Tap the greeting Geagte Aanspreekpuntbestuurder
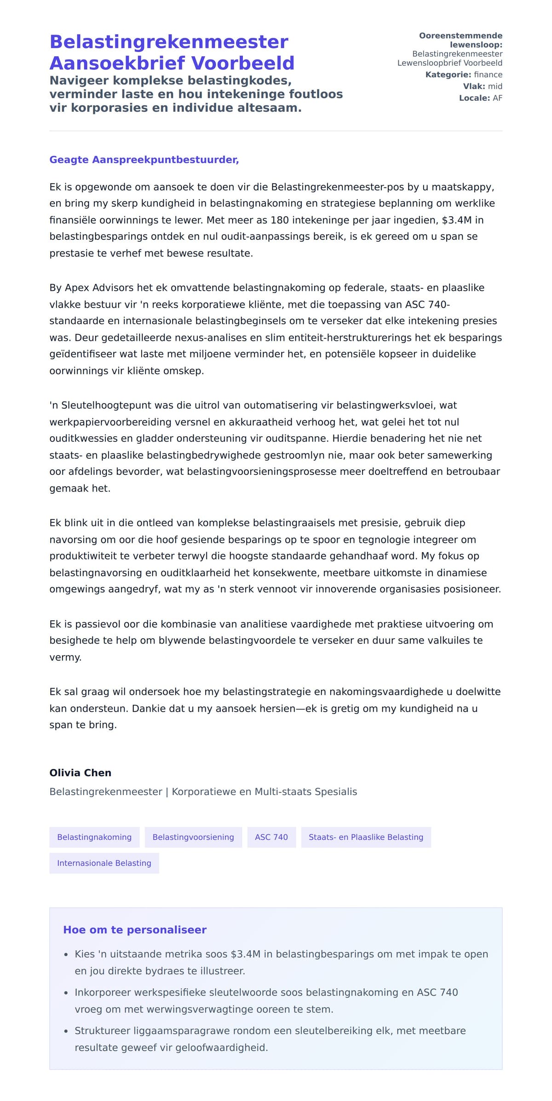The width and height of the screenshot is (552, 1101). coord(144,160)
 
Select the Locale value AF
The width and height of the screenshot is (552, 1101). coord(497,98)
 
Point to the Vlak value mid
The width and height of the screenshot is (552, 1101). coord(495,86)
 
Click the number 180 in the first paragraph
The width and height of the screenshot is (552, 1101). coord(280,220)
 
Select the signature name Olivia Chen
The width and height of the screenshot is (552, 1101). coord(80,772)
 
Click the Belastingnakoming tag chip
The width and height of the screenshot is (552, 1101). coord(94,837)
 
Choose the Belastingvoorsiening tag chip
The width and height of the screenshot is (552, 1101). coord(193,837)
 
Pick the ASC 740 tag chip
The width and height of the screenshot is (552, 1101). coord(271,837)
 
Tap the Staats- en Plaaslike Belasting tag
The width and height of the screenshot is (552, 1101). coord(366,837)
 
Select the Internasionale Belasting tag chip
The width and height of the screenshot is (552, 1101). coord(104,863)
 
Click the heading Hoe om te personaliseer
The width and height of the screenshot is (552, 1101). coord(135,929)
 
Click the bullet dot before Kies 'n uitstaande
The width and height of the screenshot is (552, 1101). coord(66,955)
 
